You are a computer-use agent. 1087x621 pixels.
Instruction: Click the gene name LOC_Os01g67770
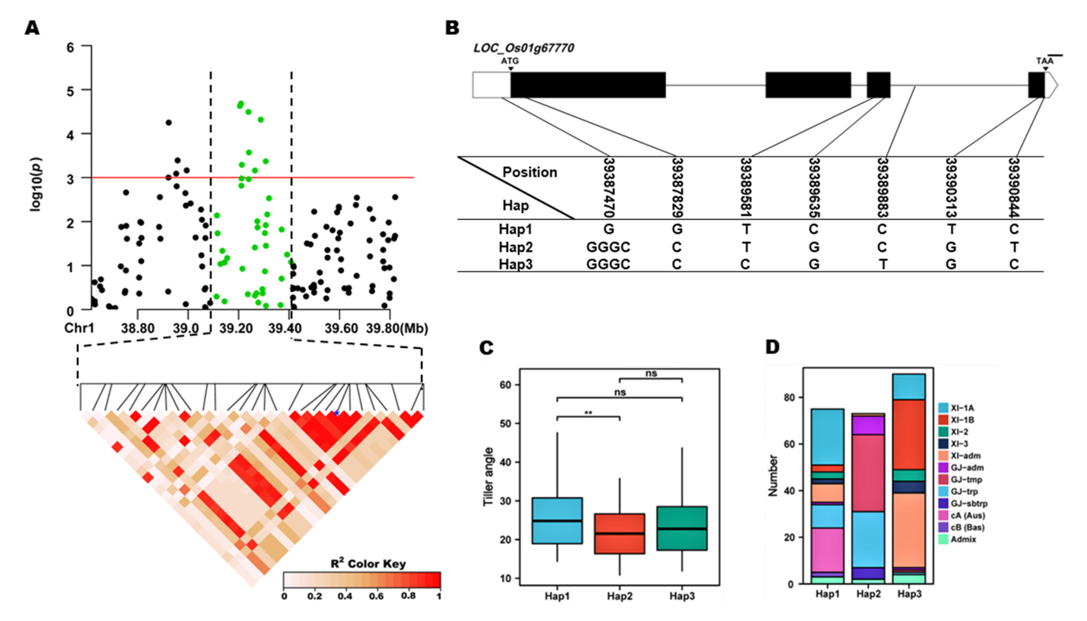tap(523, 48)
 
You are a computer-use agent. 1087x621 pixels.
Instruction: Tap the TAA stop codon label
tap(1045, 61)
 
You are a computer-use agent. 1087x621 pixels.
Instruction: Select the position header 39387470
tap(609, 188)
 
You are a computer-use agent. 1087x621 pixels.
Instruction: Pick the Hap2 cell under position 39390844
tap(1014, 247)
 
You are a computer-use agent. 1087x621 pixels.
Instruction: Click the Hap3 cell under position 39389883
tap(882, 265)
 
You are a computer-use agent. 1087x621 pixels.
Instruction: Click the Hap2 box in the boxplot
tap(620, 534)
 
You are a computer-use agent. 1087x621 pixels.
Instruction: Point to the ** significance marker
tap(589, 413)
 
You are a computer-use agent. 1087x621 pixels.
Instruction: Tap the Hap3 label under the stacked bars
tap(909, 594)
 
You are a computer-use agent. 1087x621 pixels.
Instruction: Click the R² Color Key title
tap(368, 563)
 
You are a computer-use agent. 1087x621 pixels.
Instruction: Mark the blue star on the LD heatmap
tap(336, 413)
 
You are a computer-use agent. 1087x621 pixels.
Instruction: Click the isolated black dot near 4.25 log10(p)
tap(169, 122)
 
